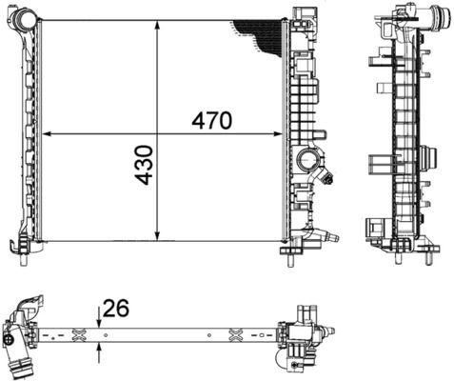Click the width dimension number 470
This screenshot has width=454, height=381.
click(211, 121)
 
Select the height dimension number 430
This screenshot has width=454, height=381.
click(145, 165)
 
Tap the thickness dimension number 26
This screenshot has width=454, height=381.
click(116, 308)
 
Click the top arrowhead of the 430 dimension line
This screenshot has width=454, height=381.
click(158, 23)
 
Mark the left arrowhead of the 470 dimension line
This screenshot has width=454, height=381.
click(49, 134)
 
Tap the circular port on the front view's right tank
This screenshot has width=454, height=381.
click(308, 159)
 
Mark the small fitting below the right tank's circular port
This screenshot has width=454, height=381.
click(329, 178)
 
